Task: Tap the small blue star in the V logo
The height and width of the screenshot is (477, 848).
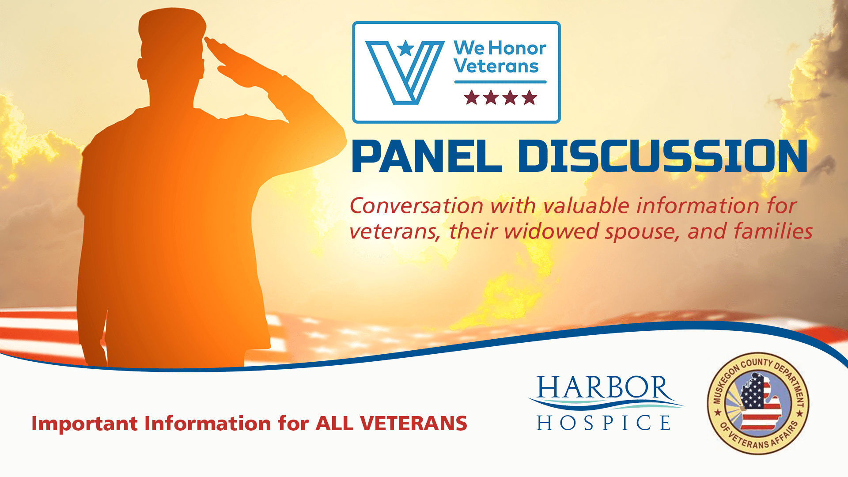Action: tap(405, 48)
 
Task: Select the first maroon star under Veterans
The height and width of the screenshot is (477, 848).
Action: tap(472, 98)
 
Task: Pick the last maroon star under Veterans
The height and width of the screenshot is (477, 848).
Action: tap(529, 98)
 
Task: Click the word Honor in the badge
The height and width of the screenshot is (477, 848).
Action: tap(518, 48)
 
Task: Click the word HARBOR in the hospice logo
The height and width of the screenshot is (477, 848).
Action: tap(603, 388)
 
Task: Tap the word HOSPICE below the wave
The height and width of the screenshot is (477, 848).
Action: tap(603, 423)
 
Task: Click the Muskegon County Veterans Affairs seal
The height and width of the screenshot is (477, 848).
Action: tap(758, 403)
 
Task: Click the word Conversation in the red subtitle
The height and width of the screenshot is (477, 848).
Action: tap(416, 206)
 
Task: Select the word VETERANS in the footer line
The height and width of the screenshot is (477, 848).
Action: tap(414, 423)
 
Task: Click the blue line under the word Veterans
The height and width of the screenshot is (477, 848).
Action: tap(500, 82)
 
